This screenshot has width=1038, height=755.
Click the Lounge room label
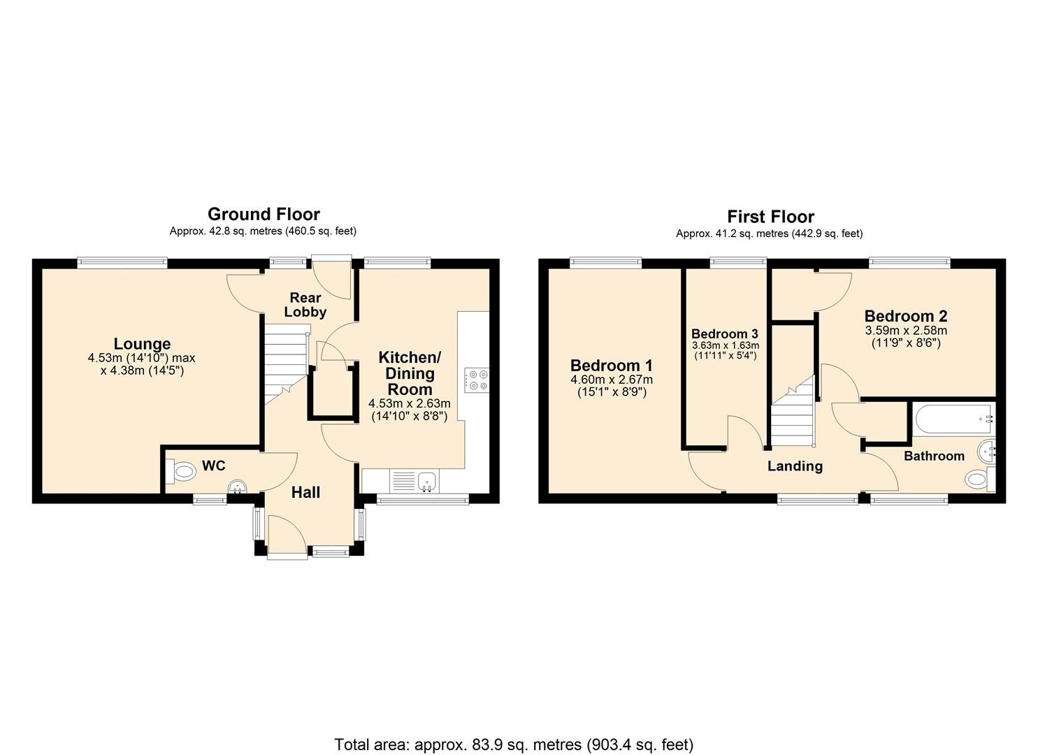pos(143,343)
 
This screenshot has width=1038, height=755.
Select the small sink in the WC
pos(237,486)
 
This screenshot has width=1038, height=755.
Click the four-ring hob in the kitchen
pos(477,380)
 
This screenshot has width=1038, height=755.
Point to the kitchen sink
pos(428,481)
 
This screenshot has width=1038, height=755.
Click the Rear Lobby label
pos(305,305)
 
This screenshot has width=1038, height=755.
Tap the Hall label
pos(305,492)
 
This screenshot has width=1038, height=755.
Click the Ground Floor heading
pos(264,214)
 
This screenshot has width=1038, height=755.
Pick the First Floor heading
pos(770,217)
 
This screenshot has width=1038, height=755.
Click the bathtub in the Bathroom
pos(954,419)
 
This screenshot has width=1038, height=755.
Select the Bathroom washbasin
pos(986,451)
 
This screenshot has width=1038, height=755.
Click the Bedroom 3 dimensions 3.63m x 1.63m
pos(726,345)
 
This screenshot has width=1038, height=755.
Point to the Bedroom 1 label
pos(612,365)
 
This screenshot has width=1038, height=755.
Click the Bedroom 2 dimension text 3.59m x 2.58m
pos(906,331)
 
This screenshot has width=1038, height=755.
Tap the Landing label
pos(795,466)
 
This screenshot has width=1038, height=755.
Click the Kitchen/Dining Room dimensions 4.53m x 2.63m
pos(410,403)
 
